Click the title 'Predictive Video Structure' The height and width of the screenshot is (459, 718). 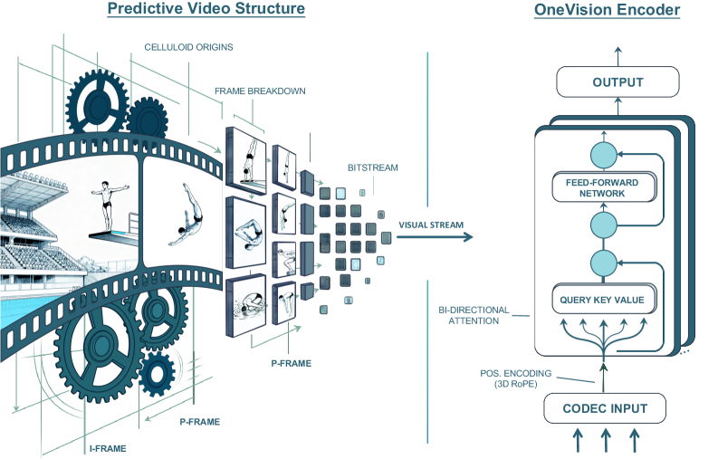coord(206,11)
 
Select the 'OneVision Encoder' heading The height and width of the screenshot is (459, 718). coord(619,11)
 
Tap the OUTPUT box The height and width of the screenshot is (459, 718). coord(617,82)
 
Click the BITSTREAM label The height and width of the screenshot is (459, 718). coord(371,168)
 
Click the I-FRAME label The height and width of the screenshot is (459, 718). coord(107,447)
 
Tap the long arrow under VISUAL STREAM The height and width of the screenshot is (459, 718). coord(435,237)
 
